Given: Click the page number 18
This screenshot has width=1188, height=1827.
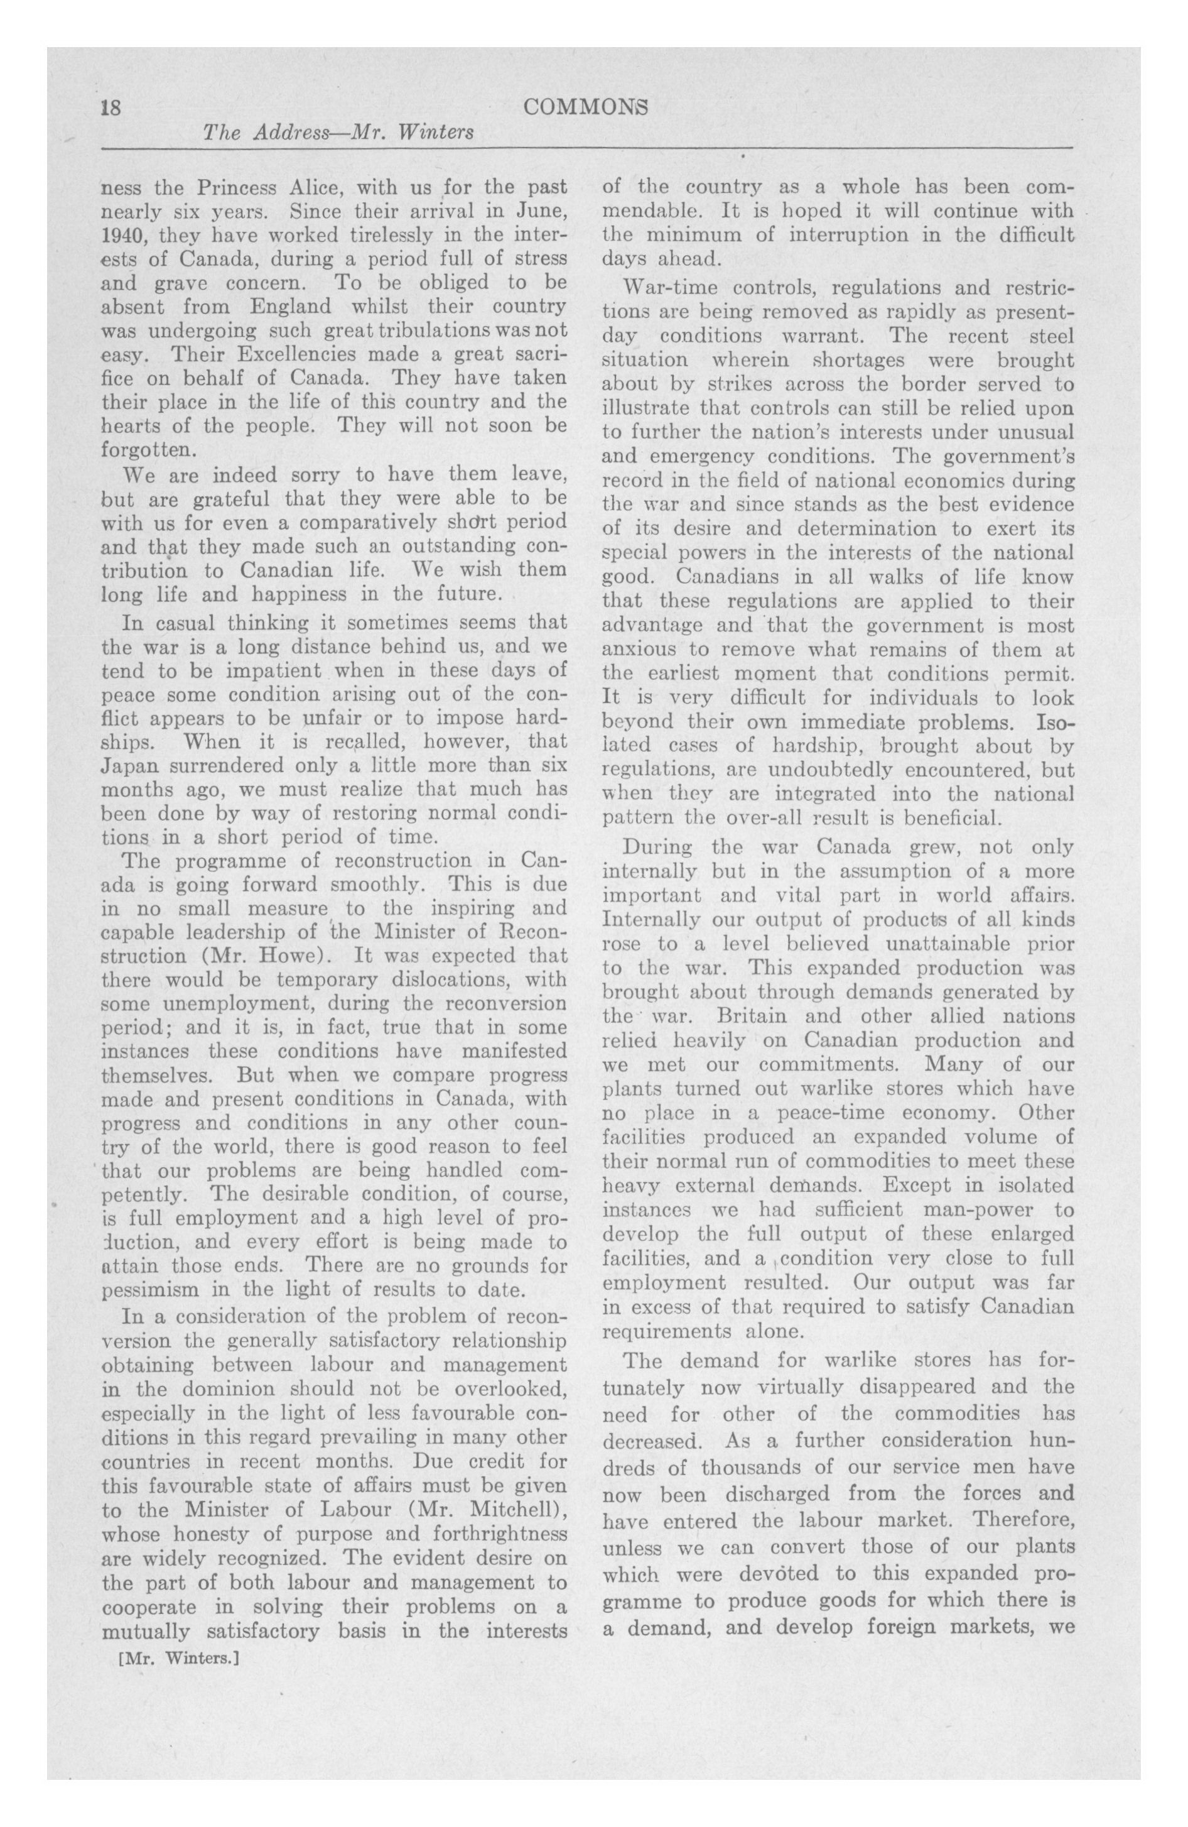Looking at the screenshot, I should [x=111, y=107].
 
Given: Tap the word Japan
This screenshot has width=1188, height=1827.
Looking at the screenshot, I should [x=128, y=766].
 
